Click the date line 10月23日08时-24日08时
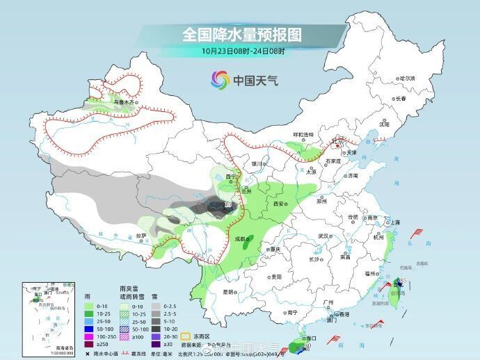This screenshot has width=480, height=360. coord(243,51)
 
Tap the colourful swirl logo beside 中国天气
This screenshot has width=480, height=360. coord(221,80)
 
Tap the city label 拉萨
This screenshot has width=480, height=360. coord(142,236)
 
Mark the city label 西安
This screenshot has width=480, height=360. coord(280,204)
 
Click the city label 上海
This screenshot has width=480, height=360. coord(395,222)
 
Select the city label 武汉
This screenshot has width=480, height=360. coord(322,236)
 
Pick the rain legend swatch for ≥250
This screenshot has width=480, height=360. coord(89,344)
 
